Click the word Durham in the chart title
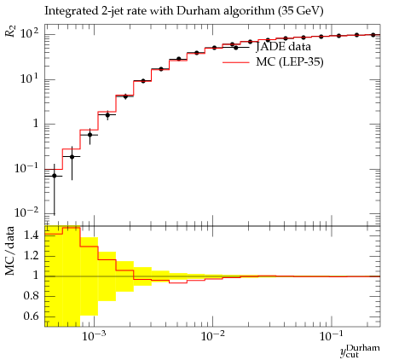click(x=197, y=11)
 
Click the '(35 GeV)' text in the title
click(x=301, y=11)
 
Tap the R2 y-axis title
click(x=10, y=31)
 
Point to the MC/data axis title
click(x=9, y=251)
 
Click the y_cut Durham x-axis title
click(x=360, y=351)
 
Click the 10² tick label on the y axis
click(x=29, y=34)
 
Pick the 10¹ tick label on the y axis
click(x=29, y=78)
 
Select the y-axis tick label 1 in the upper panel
click(x=36, y=124)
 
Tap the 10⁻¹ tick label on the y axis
click(x=26, y=168)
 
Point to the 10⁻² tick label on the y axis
click(x=26, y=212)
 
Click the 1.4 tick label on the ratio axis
click(x=31, y=235)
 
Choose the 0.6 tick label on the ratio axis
click(x=31, y=316)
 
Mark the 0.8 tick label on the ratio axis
click(x=31, y=296)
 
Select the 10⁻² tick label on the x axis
click(x=212, y=336)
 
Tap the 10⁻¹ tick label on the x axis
click(x=331, y=336)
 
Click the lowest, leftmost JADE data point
click(x=55, y=176)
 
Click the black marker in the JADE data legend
click(x=236, y=48)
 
